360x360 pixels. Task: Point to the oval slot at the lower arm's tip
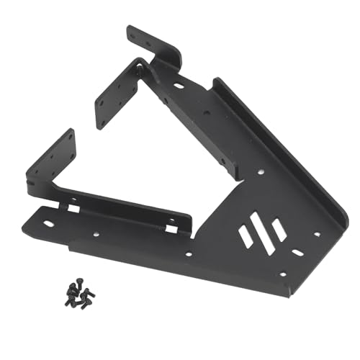point(48,223)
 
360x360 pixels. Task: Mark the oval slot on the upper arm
point(178,86)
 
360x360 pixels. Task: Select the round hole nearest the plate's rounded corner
point(317,234)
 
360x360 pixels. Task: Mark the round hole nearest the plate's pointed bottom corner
point(282,274)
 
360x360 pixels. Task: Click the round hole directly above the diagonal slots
point(260,172)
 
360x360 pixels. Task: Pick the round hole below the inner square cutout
point(189,253)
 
